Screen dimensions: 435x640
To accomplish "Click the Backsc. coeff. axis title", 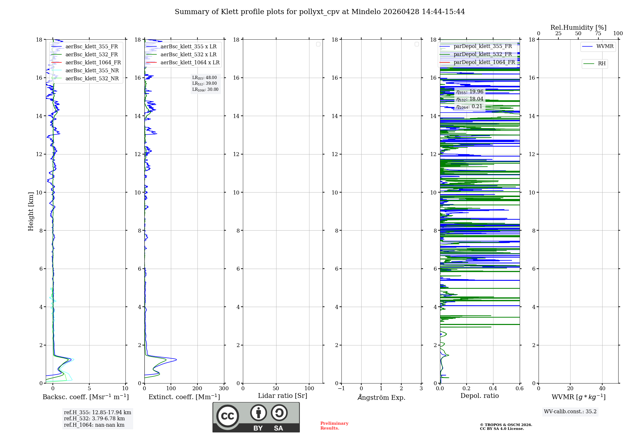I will tap(85, 397).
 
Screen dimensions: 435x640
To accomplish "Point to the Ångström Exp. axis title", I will tap(381, 397).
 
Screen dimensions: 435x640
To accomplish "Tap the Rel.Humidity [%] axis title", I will tap(578, 28).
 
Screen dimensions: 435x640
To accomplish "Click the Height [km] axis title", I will tap(31, 211).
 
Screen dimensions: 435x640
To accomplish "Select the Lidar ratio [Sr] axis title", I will tap(283, 396).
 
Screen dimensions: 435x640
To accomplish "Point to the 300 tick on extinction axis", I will tap(224, 388).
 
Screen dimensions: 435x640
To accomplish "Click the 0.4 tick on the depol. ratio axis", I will tap(493, 388).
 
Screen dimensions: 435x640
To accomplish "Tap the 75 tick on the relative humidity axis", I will tap(598, 33).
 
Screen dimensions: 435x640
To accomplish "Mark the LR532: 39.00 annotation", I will tap(204, 83).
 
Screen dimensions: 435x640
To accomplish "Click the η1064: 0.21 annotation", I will tap(469, 107).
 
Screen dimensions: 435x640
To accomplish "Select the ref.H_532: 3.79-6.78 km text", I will tap(94, 418).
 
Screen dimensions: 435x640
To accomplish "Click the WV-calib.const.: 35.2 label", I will tap(570, 411).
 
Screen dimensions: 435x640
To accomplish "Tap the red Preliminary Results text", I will tap(334, 425).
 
